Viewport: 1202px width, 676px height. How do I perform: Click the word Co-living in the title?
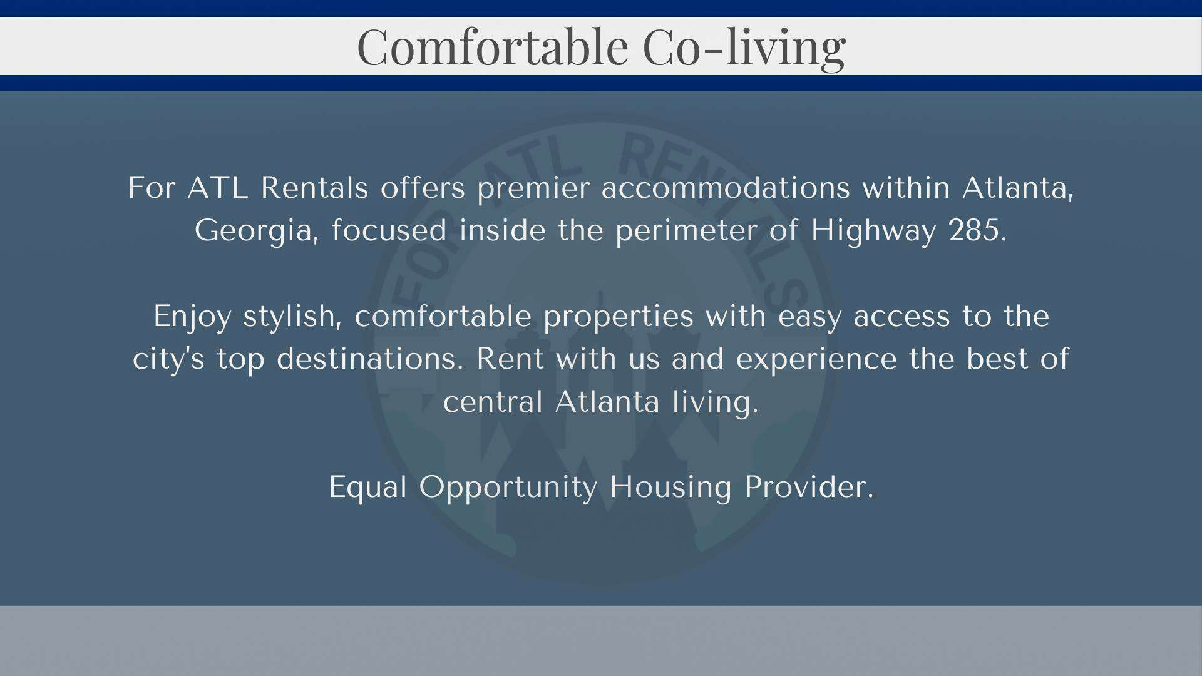click(744, 47)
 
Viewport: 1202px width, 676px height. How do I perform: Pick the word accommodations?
click(726, 188)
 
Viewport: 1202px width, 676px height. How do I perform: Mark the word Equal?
click(368, 488)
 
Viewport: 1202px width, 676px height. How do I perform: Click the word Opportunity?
click(508, 488)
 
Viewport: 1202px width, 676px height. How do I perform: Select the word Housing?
click(670, 488)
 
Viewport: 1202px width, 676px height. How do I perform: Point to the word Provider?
click(808, 486)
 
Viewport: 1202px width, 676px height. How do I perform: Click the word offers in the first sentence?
click(423, 187)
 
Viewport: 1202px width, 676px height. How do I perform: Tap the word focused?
click(389, 230)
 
